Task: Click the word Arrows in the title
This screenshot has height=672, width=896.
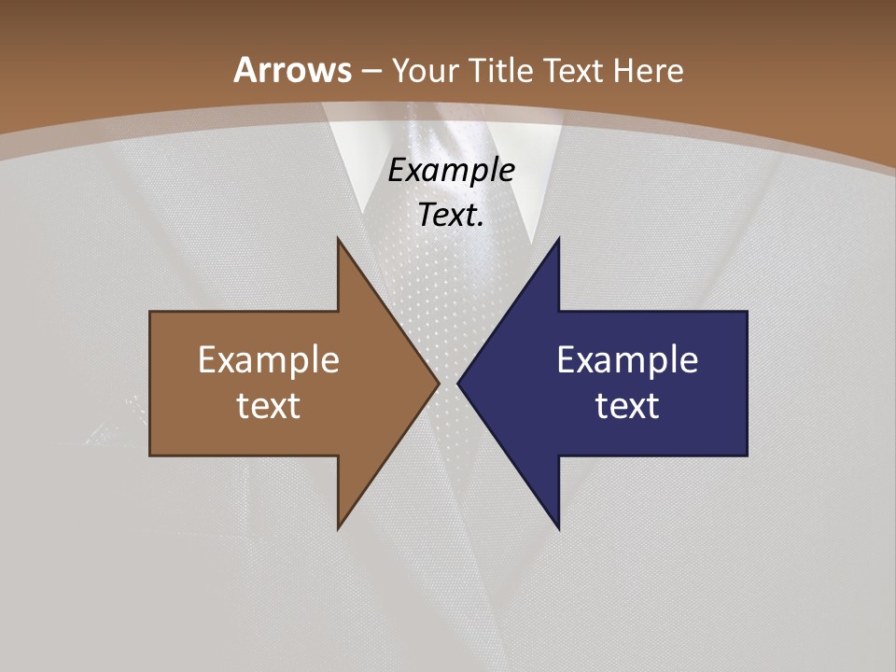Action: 292,70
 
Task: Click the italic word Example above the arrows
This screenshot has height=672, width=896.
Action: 451,170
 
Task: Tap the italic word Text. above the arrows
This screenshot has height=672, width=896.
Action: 451,216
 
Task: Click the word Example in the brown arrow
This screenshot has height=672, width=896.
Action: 269,359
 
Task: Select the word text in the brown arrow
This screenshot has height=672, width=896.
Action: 269,405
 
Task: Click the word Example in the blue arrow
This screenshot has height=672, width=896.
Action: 627,359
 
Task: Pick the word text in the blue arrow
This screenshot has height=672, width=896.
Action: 627,405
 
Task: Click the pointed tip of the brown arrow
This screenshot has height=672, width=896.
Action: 438,383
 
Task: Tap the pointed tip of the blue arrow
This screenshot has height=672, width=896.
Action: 459,383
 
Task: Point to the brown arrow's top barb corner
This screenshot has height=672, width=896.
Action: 339,240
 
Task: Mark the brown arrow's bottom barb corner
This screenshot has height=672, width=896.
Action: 339,527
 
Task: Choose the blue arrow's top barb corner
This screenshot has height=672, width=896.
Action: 558,240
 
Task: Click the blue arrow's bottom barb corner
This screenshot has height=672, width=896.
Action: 558,527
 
